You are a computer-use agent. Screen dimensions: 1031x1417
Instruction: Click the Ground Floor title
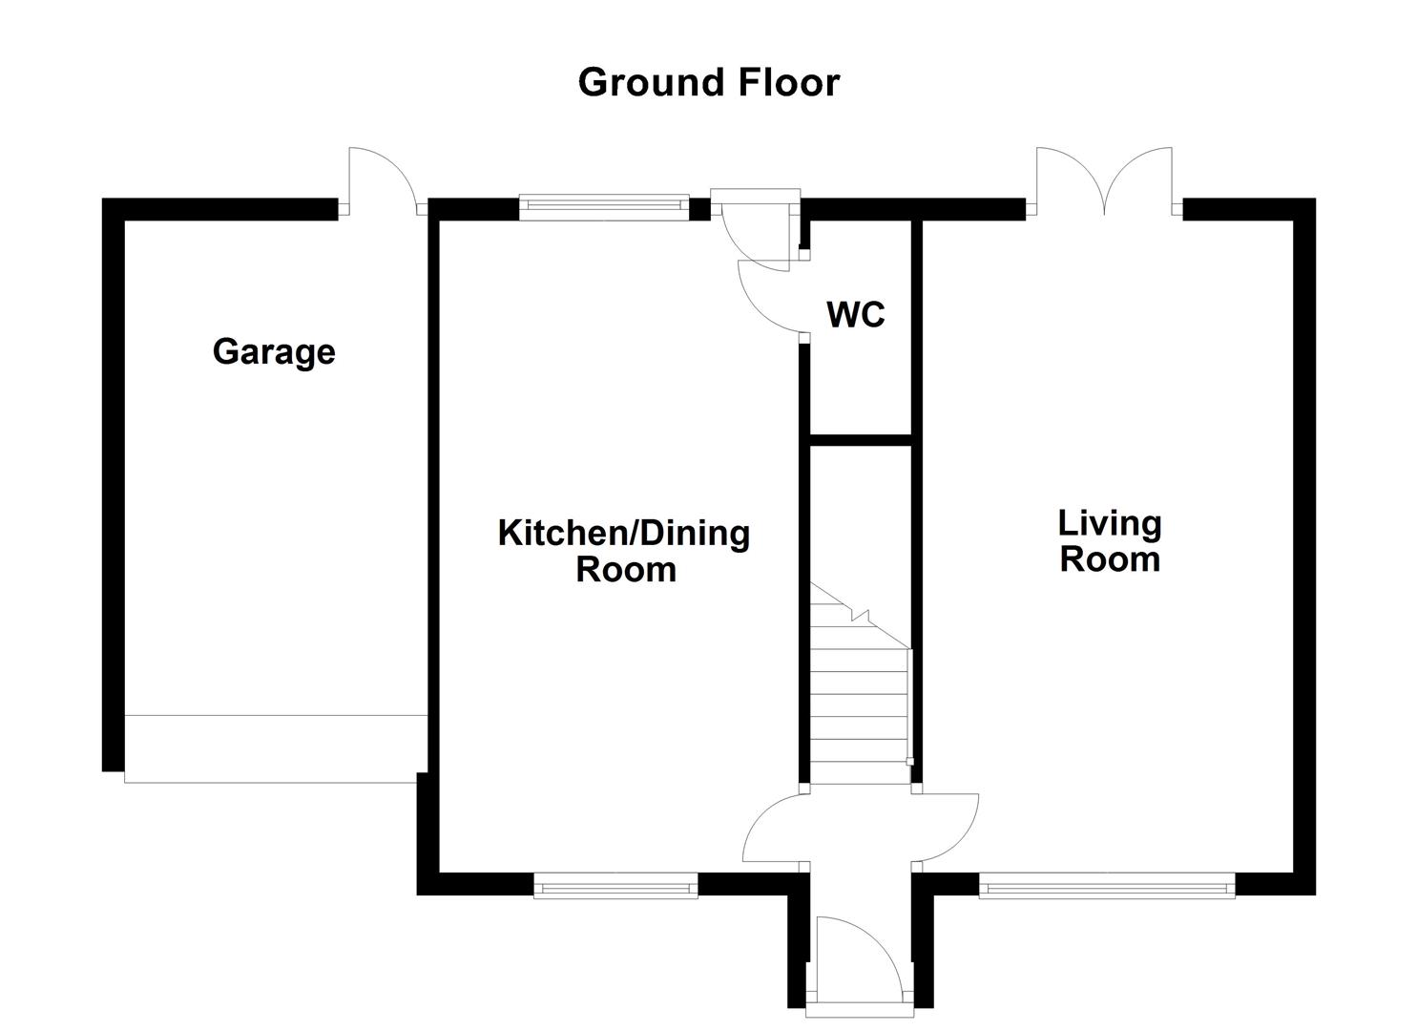708,82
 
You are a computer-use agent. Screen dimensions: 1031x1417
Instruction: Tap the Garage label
274,352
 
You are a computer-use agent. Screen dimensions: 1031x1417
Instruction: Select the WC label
856,314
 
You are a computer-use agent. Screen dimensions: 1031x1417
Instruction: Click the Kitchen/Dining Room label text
624,551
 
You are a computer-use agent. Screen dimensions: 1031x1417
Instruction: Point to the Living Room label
1110,540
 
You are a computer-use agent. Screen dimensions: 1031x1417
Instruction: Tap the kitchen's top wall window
603,206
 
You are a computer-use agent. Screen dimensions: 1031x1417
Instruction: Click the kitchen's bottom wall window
615,888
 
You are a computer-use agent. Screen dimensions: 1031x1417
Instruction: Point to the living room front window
1107,888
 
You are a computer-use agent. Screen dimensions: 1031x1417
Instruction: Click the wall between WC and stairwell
860,440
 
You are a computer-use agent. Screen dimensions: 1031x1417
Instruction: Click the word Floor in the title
787,82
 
